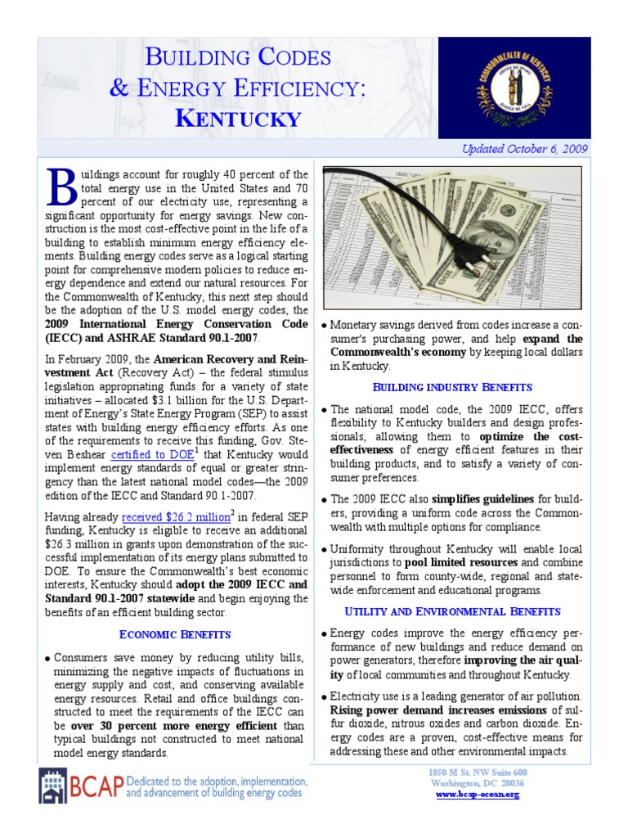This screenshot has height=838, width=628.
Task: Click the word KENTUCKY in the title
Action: click(x=239, y=118)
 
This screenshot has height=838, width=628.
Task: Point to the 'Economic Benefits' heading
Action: click(x=174, y=633)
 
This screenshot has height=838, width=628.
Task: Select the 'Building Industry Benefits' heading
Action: click(x=452, y=386)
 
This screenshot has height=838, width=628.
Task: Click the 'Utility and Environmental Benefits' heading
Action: click(x=452, y=610)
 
